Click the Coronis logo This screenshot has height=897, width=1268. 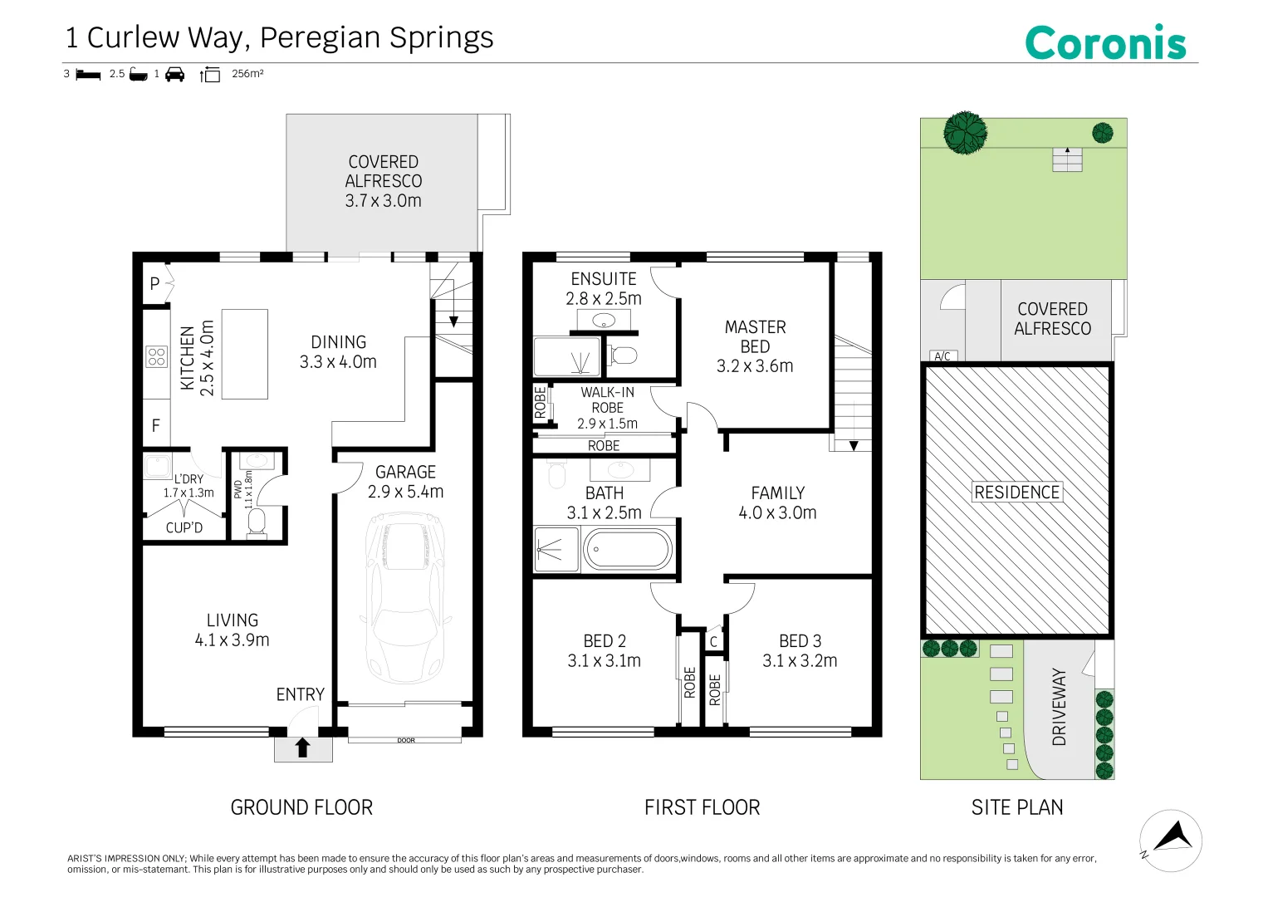click(x=1105, y=42)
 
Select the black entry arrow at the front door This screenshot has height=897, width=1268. click(x=303, y=747)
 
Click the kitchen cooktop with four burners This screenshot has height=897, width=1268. click(x=156, y=356)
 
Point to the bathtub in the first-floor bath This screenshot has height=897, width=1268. click(x=628, y=550)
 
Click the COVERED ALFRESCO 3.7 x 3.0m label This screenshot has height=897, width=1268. click(x=383, y=181)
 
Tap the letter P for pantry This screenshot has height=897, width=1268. click(x=154, y=284)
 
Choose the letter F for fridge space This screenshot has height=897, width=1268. click(x=155, y=425)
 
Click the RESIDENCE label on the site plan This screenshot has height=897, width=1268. click(x=1016, y=493)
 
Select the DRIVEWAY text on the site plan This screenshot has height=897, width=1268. click(x=1059, y=707)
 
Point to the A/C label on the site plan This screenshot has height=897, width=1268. click(x=942, y=356)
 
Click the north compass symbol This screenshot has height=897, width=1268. click(x=1171, y=840)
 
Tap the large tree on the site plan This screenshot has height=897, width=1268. click(x=965, y=132)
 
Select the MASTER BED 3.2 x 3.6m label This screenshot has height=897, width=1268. click(x=755, y=346)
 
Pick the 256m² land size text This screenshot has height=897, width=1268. click(x=247, y=74)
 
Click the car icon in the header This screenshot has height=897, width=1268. click(x=174, y=74)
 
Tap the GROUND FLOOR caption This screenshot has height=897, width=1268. click(x=301, y=807)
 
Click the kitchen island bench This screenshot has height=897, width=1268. click(x=244, y=354)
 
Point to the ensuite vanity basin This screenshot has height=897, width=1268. click(x=604, y=319)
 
